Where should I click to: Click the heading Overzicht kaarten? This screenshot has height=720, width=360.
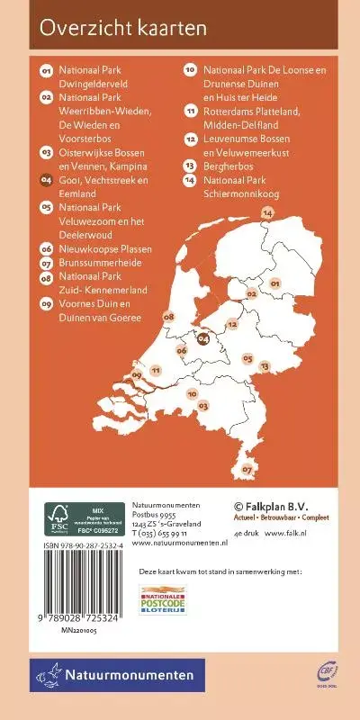[123, 28]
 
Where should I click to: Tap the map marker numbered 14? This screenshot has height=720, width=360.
[266, 212]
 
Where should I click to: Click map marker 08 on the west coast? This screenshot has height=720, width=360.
[168, 317]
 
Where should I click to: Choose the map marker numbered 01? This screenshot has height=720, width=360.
[275, 283]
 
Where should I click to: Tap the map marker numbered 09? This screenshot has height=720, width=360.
[137, 374]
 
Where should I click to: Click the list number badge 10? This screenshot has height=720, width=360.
[191, 68]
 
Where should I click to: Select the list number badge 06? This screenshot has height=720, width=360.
[46, 248]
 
